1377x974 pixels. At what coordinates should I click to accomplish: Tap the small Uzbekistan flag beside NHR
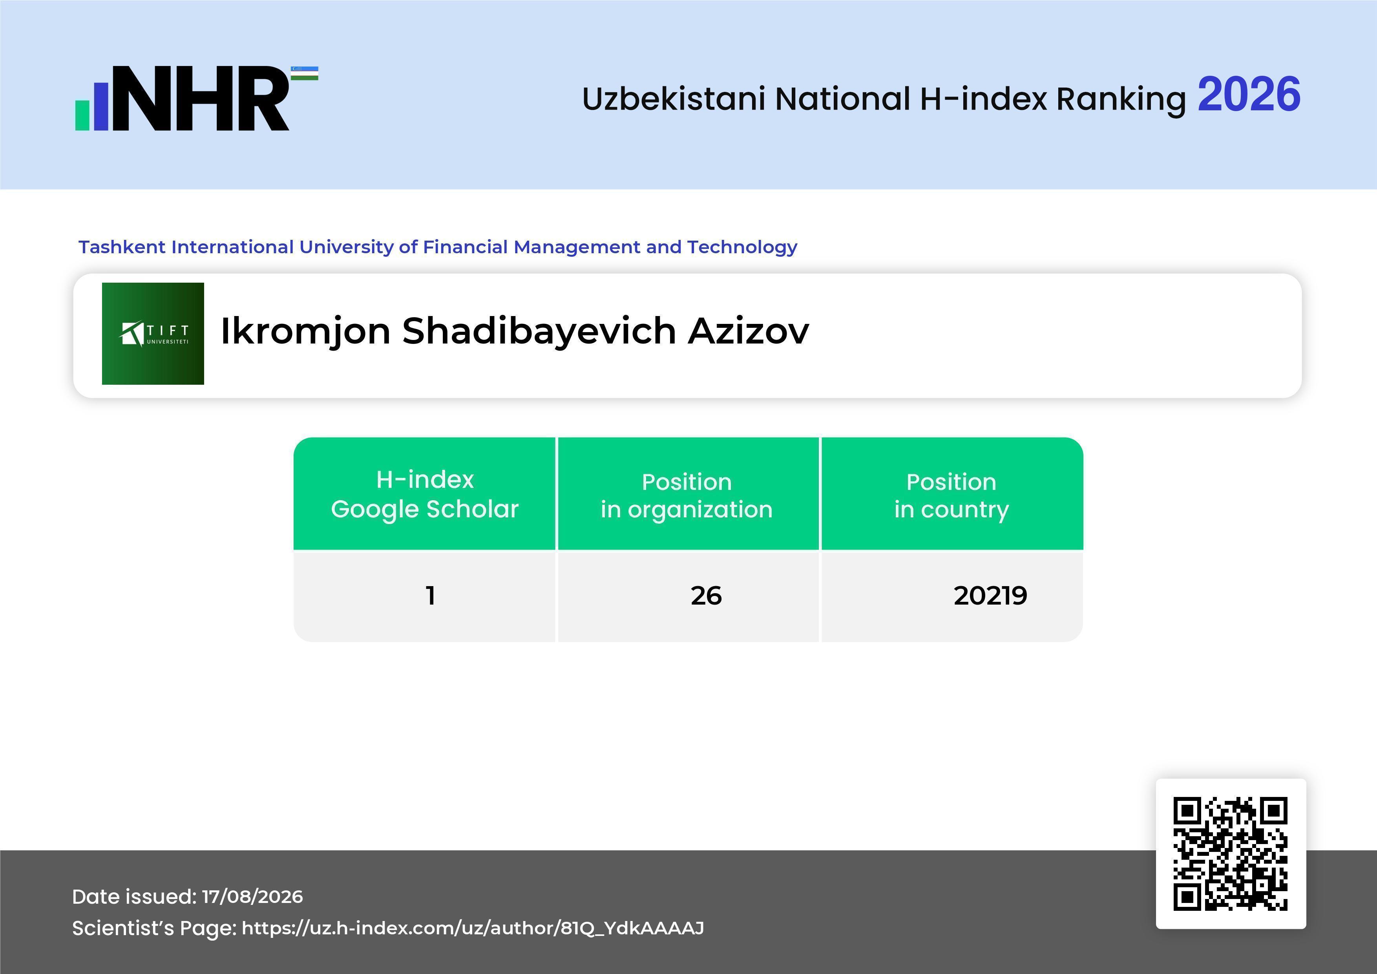[x=305, y=73]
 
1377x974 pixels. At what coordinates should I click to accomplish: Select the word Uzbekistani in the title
[x=674, y=99]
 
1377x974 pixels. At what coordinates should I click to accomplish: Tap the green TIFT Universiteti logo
[x=153, y=333]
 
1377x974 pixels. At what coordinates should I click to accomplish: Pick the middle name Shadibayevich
[x=539, y=332]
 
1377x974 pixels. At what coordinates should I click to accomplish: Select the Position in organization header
[x=687, y=495]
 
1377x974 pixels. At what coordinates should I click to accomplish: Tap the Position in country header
[x=951, y=495]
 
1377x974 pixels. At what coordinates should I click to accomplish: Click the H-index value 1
[x=430, y=596]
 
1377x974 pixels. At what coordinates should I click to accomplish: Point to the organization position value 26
[x=706, y=596]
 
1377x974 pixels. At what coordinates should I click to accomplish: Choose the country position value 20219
[x=990, y=596]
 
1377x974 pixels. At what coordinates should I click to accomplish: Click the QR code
[x=1231, y=853]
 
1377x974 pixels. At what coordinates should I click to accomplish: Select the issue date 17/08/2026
[x=252, y=897]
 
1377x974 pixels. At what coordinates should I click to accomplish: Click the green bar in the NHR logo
[x=82, y=115]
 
